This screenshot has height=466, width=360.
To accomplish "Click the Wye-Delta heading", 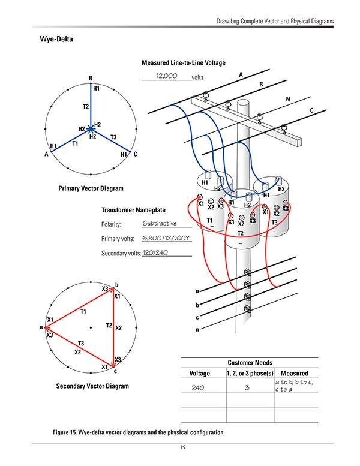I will [x=56, y=40].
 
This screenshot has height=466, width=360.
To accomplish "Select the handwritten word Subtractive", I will [x=160, y=224].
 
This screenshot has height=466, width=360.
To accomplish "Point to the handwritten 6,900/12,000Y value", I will [x=165, y=238].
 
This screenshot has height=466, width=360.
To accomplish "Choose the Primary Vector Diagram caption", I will [x=91, y=188].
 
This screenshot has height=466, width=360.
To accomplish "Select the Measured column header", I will [x=295, y=373].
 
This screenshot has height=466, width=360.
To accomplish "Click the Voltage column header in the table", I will [x=199, y=373].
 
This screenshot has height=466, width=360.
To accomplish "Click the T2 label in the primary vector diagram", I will [x=86, y=106].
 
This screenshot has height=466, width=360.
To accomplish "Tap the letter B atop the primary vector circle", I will [x=90, y=78].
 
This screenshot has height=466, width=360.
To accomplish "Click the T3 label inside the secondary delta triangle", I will [x=81, y=342].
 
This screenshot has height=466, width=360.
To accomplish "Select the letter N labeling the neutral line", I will [x=287, y=98].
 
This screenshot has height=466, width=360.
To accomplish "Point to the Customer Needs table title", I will [x=250, y=362].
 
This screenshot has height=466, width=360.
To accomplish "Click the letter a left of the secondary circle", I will [x=40, y=327].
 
